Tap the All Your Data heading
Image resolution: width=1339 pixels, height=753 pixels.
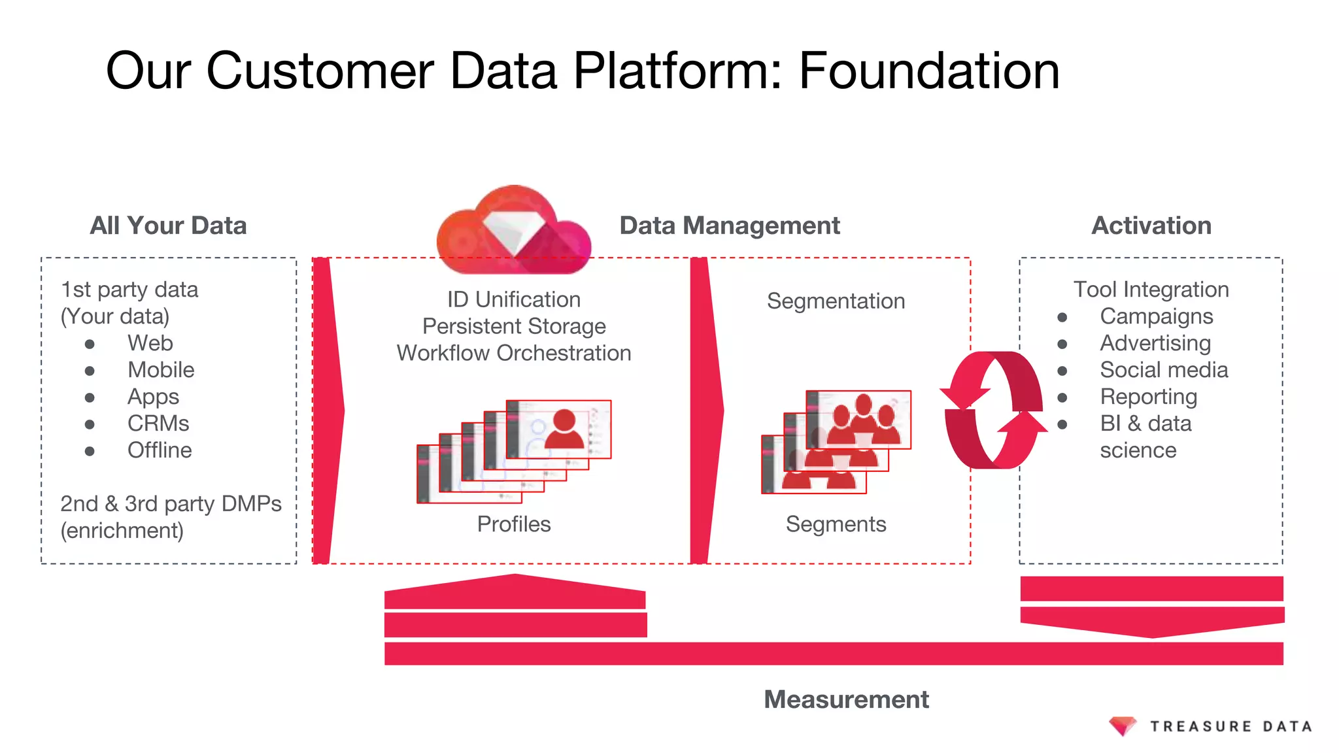pos(168,226)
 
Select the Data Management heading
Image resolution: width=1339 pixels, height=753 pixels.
pos(729,226)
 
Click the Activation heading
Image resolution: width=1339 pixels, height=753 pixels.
pos(1151,226)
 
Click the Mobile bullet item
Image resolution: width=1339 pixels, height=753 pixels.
pos(161,370)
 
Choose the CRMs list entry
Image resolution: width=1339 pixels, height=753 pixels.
pos(158,424)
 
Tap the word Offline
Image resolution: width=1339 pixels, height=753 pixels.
pos(160,450)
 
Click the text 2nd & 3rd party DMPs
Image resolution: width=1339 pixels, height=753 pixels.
pos(171,504)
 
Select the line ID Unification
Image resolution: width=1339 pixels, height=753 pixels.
pos(514,299)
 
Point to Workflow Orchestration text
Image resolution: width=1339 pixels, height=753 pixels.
pos(514,353)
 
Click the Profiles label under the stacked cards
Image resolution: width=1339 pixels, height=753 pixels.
pos(514,524)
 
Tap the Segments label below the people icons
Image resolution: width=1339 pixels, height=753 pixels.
pos(836,524)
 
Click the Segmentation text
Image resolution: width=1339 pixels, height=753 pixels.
pos(836,301)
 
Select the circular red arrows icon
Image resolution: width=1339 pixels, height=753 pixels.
pos(993,410)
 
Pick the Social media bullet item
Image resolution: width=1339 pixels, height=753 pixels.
pos(1164,370)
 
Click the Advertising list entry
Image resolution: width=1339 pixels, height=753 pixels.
pos(1155,343)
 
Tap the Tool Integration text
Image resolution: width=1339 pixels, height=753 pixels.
pos(1151,290)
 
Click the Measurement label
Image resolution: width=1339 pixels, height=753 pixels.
pos(846,699)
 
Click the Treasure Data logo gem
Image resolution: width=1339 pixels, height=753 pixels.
pos(1123,726)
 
